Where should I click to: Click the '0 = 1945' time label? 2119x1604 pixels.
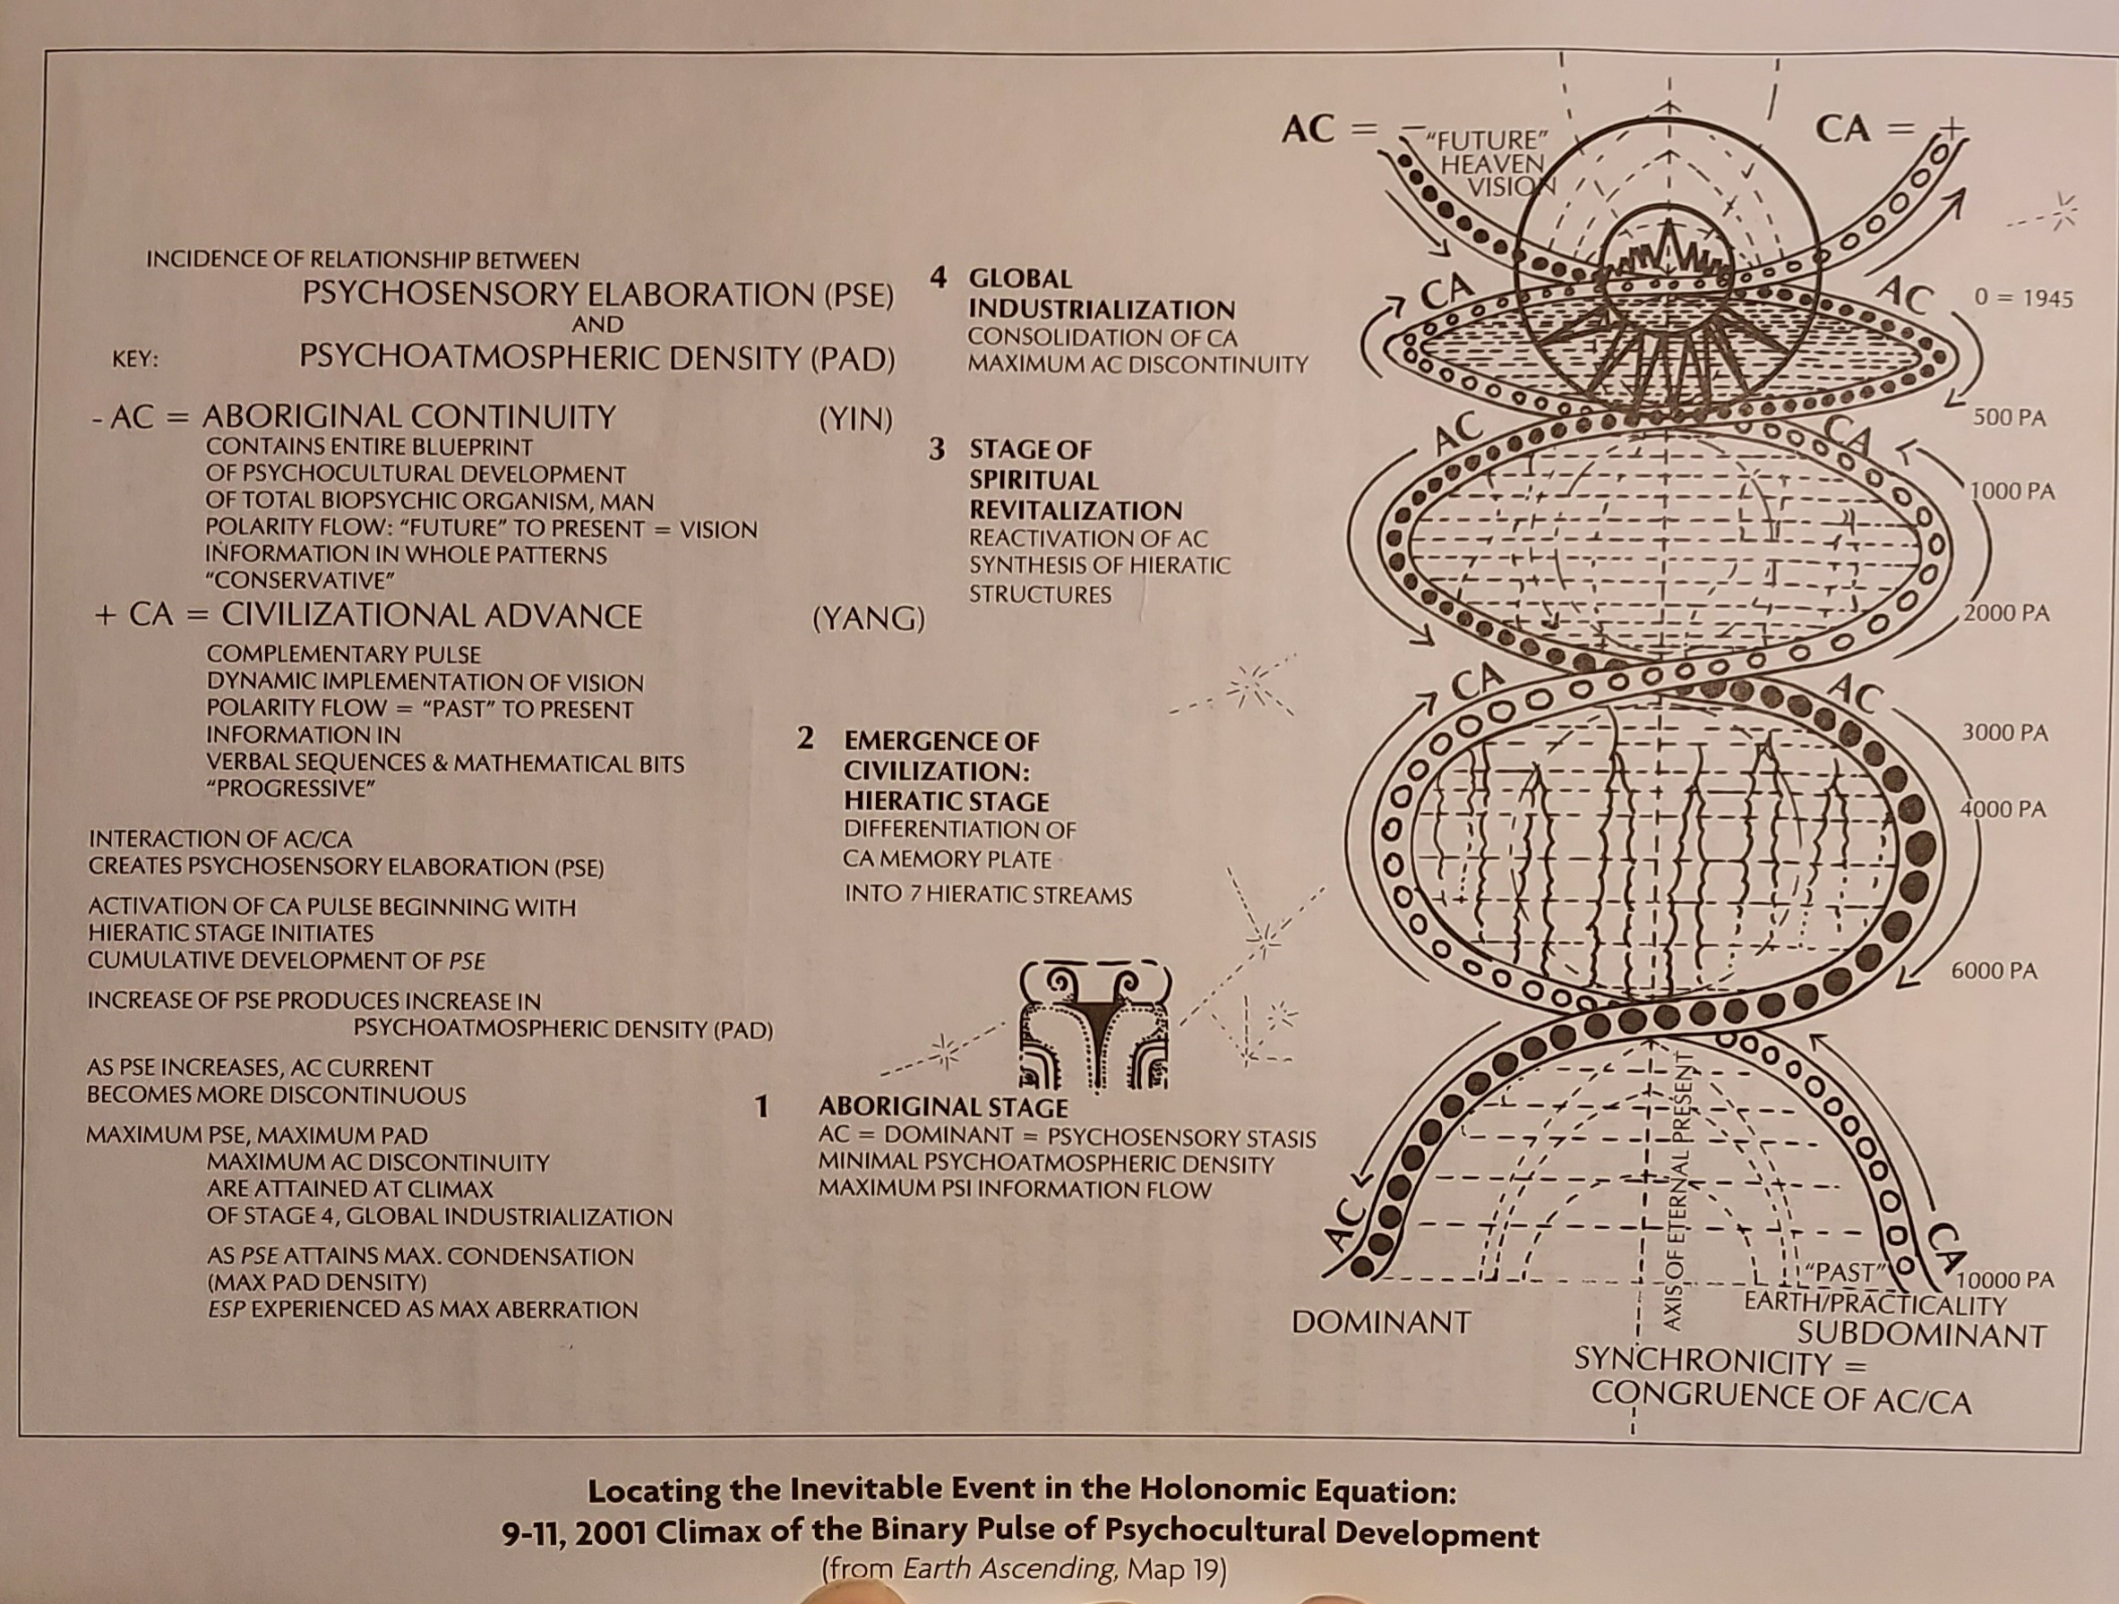click(x=2023, y=299)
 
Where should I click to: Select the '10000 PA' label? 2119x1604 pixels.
click(x=2006, y=1280)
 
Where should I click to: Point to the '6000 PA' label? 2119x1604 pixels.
click(x=1995, y=971)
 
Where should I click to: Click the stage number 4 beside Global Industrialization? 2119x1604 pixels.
click(x=939, y=277)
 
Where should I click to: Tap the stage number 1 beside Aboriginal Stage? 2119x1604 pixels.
click(x=761, y=1107)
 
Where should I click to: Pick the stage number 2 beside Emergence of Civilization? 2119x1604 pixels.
click(x=806, y=738)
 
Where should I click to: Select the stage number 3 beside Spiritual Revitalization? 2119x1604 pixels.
click(x=937, y=448)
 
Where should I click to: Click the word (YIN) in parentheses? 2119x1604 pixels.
click(x=855, y=420)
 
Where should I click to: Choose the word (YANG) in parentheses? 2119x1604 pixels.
click(x=869, y=619)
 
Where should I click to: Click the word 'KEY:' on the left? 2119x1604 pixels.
click(x=135, y=360)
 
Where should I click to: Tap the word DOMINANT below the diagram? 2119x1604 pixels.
click(x=1381, y=1322)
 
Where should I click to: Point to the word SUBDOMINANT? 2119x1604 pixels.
click(x=1922, y=1334)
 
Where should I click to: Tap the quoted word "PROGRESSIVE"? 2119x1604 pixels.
click(x=290, y=789)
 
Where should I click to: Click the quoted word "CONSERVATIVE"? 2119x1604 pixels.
click(x=301, y=581)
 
